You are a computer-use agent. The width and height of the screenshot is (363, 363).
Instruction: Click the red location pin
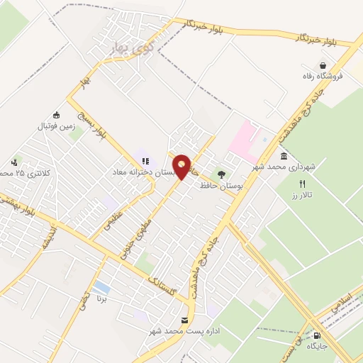[182, 167]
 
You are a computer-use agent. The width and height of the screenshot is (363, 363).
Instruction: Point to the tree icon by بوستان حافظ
[222, 174]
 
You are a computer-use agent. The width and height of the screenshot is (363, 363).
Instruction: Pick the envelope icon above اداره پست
[185, 320]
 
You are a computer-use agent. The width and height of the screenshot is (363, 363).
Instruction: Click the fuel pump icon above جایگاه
[316, 337]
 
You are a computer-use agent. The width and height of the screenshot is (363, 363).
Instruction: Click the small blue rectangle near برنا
[102, 287]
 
